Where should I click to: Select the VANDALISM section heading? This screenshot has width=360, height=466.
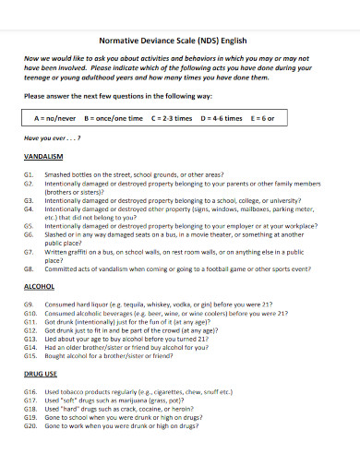coord(44,157)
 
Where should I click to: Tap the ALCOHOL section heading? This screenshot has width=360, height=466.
coord(40,287)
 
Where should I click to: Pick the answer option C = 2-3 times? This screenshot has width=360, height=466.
coord(172,119)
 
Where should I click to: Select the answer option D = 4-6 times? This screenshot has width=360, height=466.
coord(221,119)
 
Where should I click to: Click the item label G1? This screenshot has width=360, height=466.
coord(30,173)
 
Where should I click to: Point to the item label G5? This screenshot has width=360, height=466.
coord(30,225)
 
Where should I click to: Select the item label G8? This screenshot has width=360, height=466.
coord(30,269)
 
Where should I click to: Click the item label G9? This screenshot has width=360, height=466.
coord(30,304)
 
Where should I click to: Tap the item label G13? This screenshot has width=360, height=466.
coord(30,340)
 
